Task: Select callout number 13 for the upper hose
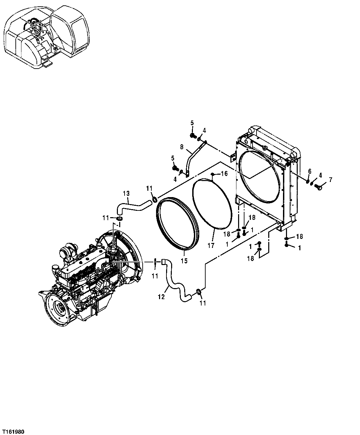click(126, 193)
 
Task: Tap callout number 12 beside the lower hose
click(161, 296)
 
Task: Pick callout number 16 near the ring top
click(224, 174)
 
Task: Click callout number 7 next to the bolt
click(330, 180)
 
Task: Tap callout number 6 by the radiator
click(310, 171)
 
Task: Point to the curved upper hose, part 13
click(132, 206)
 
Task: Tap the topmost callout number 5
click(192, 123)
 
